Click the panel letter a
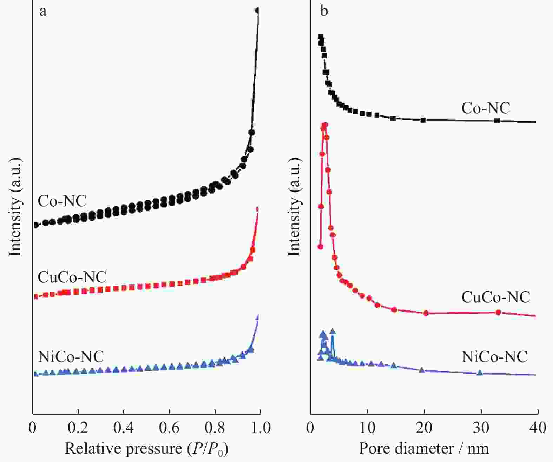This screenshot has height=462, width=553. tap(43, 12)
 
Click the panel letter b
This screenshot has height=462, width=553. tap(324, 11)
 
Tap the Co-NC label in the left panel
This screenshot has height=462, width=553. tap(62, 201)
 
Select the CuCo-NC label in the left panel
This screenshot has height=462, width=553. tap(72, 277)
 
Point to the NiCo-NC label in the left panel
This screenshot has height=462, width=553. tap(71, 357)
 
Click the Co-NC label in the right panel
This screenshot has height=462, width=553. tap(486, 108)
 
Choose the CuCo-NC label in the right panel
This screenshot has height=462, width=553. tap(495, 297)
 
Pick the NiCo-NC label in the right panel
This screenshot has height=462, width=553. tap(494, 357)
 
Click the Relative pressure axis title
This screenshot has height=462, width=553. tap(146, 449)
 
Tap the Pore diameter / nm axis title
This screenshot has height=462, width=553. tap(424, 448)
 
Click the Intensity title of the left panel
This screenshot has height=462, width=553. tap(15, 207)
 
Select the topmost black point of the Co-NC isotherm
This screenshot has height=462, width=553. tap(258, 11)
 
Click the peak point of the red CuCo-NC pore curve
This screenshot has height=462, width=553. tap(325, 125)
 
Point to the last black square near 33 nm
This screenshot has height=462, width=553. tap(497, 121)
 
